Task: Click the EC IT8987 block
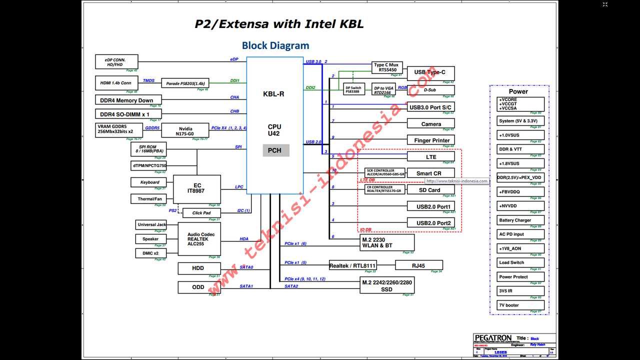(x=197, y=188)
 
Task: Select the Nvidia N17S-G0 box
(x=186, y=131)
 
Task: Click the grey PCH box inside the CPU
(x=274, y=150)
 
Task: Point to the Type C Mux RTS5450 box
(x=386, y=67)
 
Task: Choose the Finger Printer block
(x=431, y=140)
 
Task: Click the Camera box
(x=431, y=124)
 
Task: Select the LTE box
(x=431, y=157)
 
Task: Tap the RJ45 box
(x=419, y=265)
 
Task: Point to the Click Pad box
(x=201, y=213)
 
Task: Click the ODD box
(x=198, y=287)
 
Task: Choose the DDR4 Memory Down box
(x=127, y=100)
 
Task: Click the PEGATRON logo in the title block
(x=493, y=338)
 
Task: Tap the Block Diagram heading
(x=275, y=45)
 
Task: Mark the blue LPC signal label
(x=239, y=187)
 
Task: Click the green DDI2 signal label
(x=310, y=87)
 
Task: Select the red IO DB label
(x=366, y=230)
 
